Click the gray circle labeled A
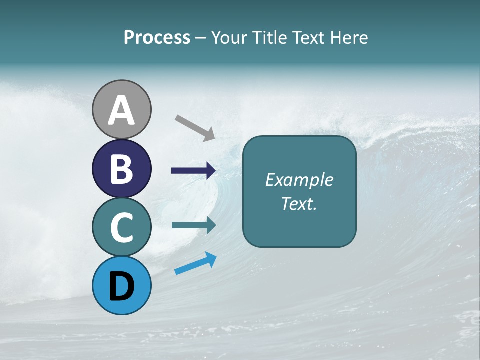(122, 109)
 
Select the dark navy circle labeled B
(122, 168)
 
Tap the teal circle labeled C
(122, 227)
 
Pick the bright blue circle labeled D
(122, 285)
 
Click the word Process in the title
(157, 38)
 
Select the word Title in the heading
(269, 38)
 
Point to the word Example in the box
(299, 180)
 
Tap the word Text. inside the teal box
(299, 204)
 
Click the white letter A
(122, 110)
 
